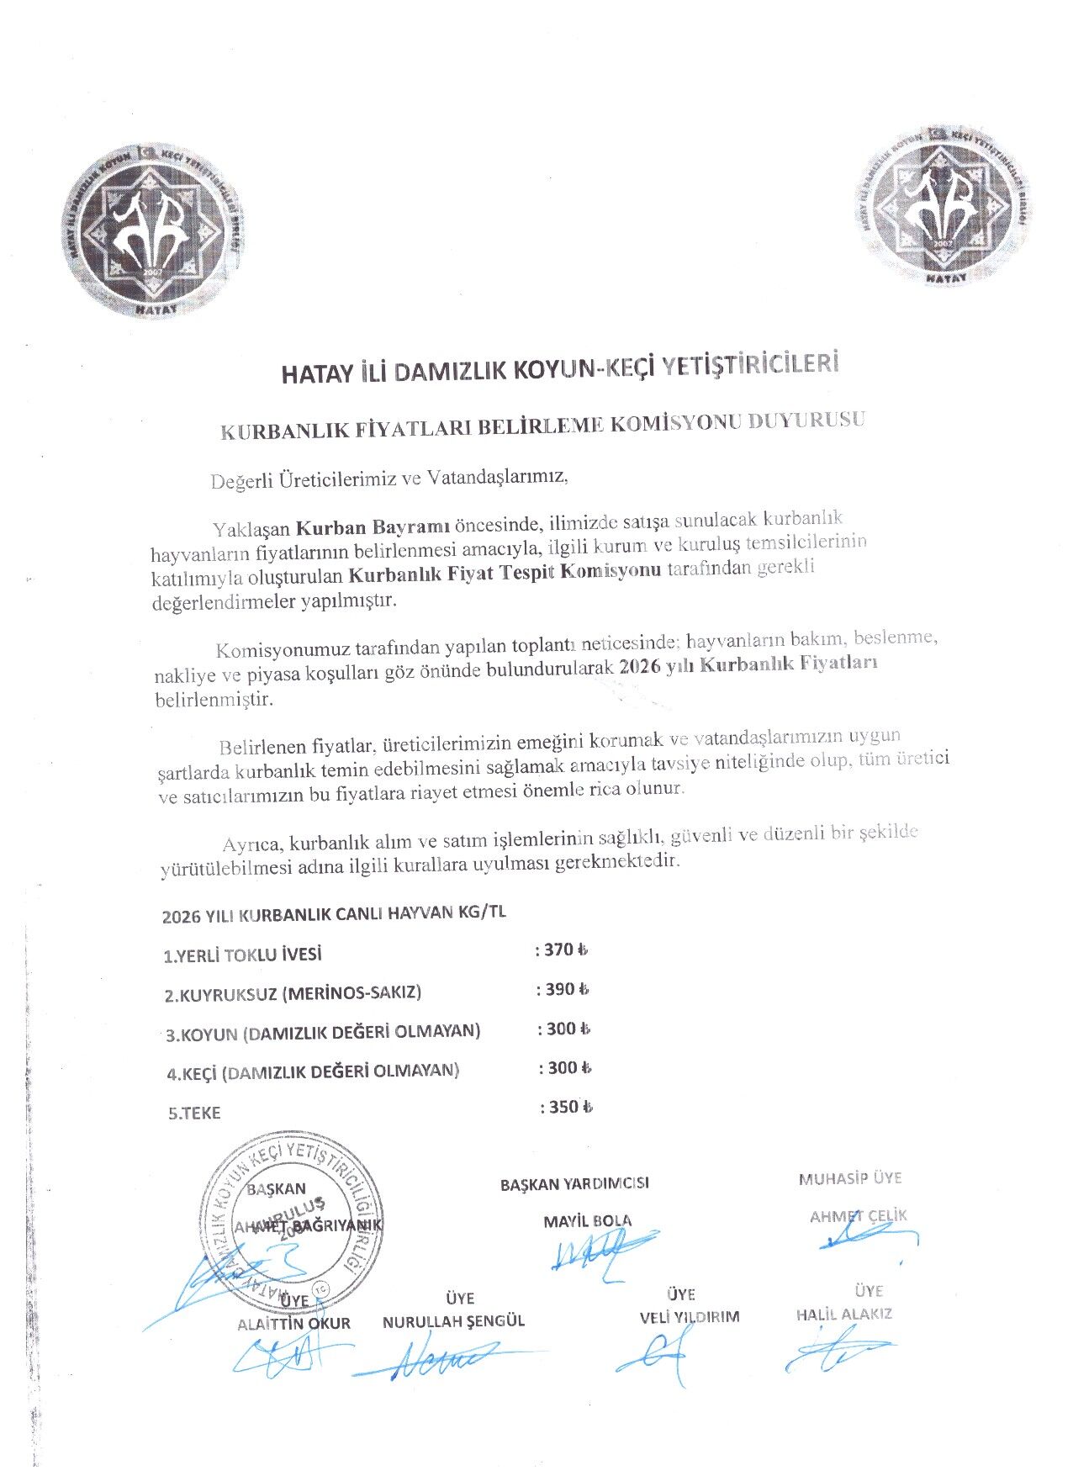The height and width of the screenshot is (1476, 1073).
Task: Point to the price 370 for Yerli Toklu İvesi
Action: pyautogui.click(x=558, y=950)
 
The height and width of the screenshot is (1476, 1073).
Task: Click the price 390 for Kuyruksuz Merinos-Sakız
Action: pyautogui.click(x=560, y=989)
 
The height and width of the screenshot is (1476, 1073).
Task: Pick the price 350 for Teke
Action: pyautogui.click(x=563, y=1107)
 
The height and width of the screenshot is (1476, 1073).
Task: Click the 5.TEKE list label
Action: pyautogui.click(x=194, y=1114)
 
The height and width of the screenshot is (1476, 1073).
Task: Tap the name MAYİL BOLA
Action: pyautogui.click(x=587, y=1221)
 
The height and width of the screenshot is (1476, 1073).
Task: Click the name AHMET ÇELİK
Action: pyautogui.click(x=858, y=1216)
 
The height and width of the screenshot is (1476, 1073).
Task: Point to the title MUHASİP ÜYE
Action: pyautogui.click(x=849, y=1179)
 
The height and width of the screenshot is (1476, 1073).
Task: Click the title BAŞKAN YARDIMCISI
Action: pyautogui.click(x=574, y=1184)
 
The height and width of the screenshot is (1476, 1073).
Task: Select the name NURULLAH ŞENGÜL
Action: pyautogui.click(x=453, y=1321)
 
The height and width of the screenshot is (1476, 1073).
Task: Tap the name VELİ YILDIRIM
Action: pyautogui.click(x=689, y=1317)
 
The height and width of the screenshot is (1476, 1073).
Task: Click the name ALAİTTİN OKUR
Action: pyautogui.click(x=293, y=1324)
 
